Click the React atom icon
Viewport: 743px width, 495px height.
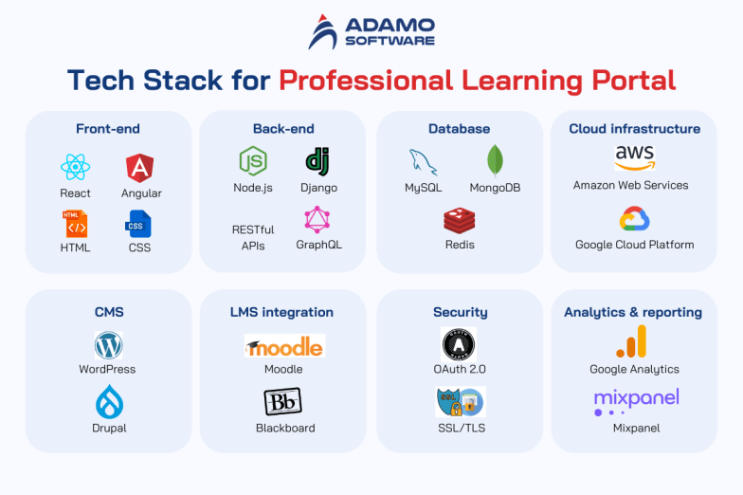click(75, 168)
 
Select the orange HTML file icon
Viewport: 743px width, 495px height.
click(75, 224)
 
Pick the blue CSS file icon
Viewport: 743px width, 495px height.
click(137, 224)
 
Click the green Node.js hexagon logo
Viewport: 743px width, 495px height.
click(252, 161)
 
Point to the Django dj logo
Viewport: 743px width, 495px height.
click(317, 161)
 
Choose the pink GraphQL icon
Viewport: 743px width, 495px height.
click(317, 220)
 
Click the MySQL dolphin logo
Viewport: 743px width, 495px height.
click(423, 161)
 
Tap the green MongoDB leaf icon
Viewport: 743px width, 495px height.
click(494, 161)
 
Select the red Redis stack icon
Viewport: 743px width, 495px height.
click(459, 221)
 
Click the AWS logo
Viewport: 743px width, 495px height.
click(634, 157)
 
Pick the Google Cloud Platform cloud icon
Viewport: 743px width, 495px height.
click(634, 220)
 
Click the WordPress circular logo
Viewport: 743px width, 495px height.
click(108, 344)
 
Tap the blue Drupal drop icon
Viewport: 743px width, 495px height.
click(109, 403)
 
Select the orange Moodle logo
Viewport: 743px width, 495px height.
click(283, 346)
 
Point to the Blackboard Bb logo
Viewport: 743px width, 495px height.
click(283, 402)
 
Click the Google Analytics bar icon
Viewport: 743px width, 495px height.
click(634, 341)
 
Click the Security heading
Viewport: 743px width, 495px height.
click(460, 312)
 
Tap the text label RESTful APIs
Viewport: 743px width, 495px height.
click(252, 237)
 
